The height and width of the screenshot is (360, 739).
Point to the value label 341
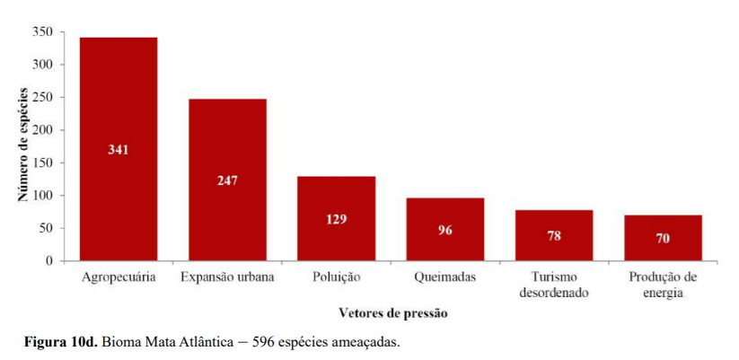point(119,150)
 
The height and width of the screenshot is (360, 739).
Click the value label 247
point(227,180)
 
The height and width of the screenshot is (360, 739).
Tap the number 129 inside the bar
point(336,219)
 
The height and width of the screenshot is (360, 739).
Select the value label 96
point(445,230)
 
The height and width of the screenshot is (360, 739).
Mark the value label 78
point(554,236)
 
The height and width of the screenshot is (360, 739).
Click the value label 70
point(663,239)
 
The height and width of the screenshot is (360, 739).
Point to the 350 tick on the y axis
point(43,32)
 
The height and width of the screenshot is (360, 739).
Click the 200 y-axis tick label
point(43,130)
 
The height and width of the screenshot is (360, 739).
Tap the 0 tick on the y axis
point(49,261)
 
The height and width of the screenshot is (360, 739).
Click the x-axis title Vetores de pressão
point(392,313)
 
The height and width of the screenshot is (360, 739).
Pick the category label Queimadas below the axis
point(444,277)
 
